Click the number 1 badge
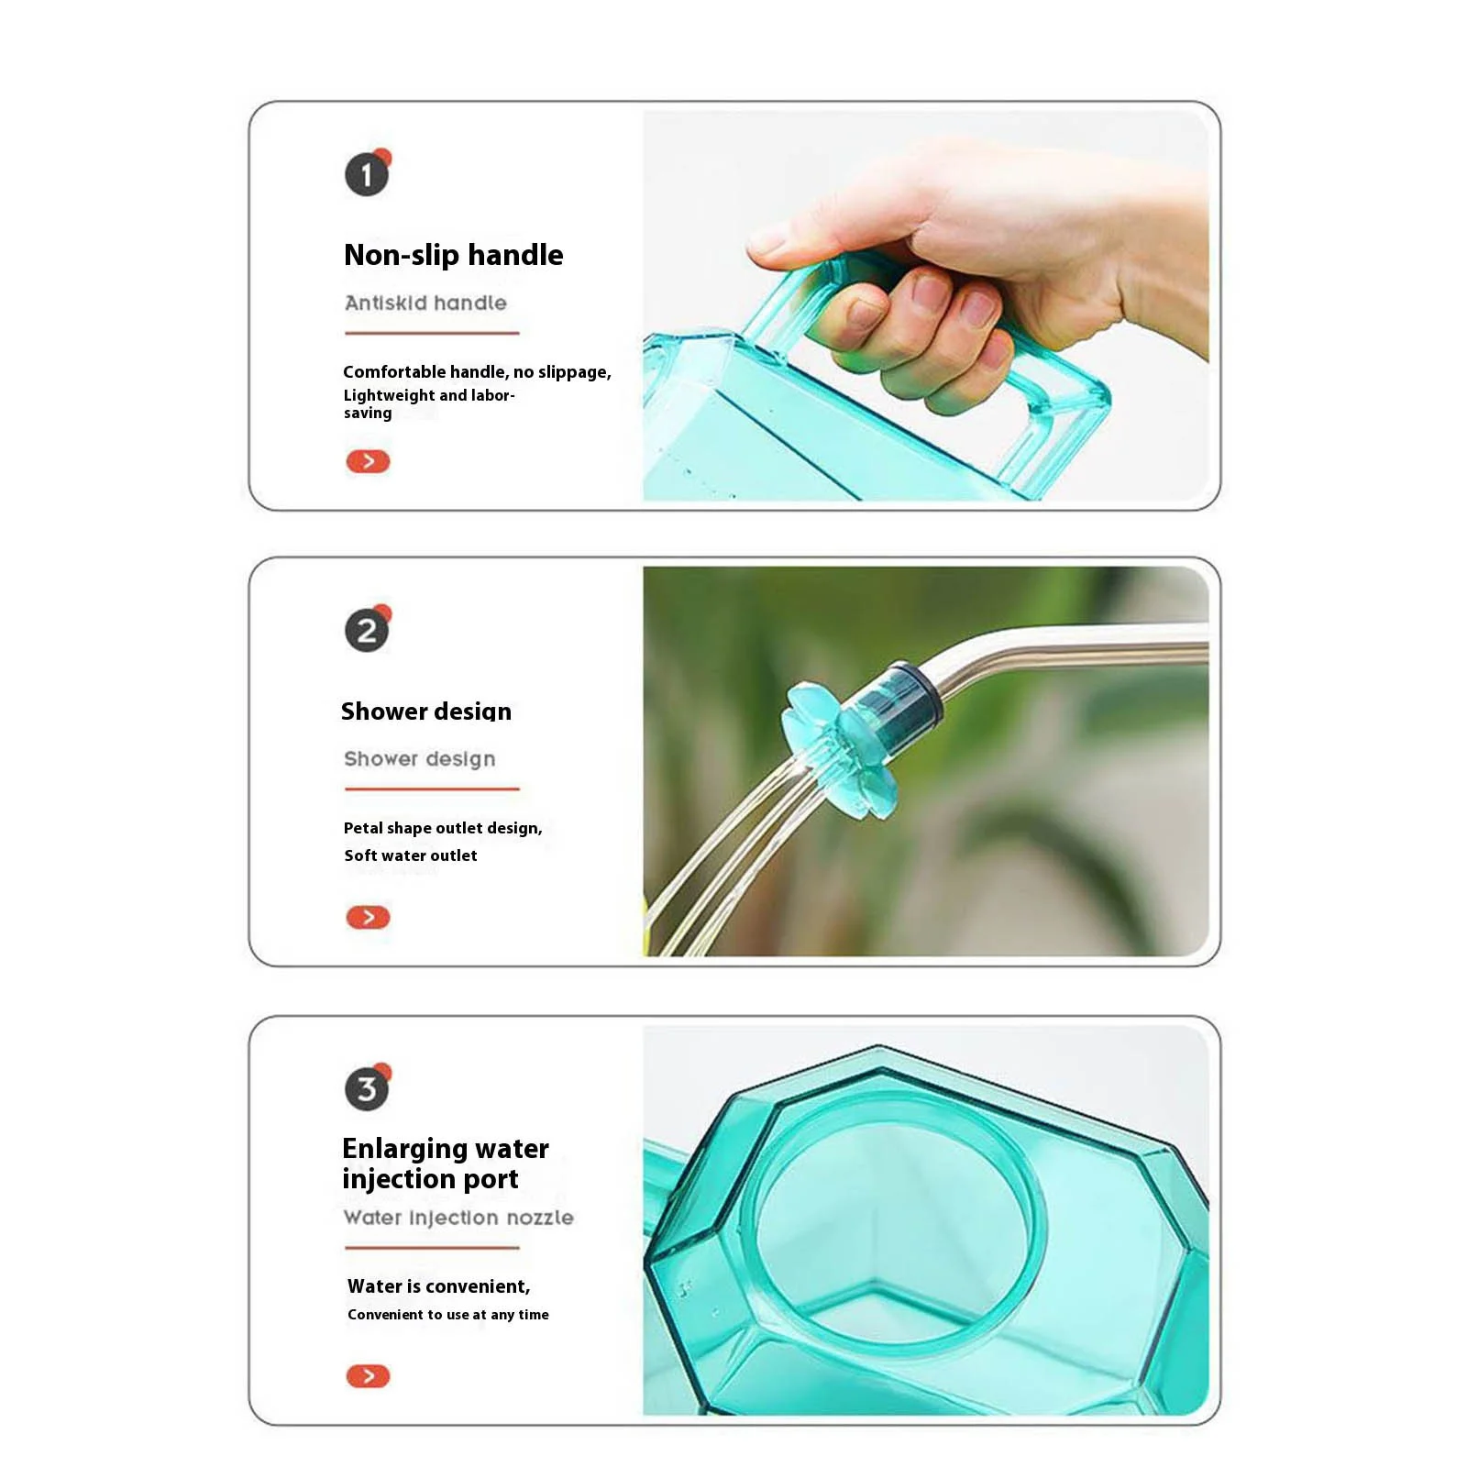pos(367,174)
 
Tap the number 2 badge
pos(367,631)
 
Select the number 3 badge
pos(367,1088)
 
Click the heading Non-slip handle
pos(453,255)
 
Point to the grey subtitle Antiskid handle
pos(425,303)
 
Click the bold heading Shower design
pos(425,711)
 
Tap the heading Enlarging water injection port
pos(445,1164)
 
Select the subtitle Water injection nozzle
pos(458,1218)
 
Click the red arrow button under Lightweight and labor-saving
pos(368,461)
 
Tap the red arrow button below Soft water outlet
pos(368,917)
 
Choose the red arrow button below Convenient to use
pos(368,1375)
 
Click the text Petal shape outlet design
pos(443,828)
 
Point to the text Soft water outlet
pos(411,855)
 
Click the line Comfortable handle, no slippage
pos(477,372)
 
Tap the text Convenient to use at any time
pos(448,1315)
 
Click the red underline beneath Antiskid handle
pos(432,333)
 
